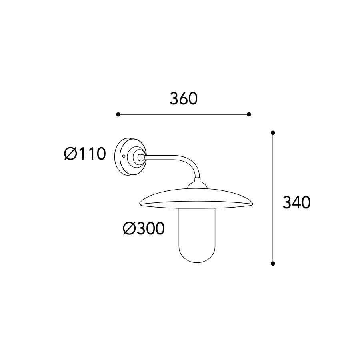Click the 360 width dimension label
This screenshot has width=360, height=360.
click(184, 99)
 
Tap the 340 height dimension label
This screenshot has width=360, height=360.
click(296, 202)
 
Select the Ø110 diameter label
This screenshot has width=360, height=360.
click(85, 154)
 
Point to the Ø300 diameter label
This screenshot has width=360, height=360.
click(144, 228)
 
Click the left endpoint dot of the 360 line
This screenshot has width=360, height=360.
click(118, 114)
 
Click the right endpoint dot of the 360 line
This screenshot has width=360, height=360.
click(249, 114)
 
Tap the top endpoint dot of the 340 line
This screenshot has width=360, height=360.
click(273, 133)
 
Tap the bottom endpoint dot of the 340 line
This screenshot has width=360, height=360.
click(273, 264)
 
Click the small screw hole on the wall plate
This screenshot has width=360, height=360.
click(124, 156)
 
